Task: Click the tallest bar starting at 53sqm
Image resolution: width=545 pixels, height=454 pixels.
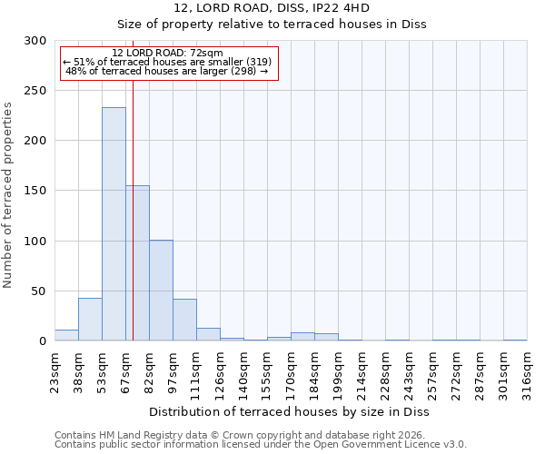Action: tap(114, 224)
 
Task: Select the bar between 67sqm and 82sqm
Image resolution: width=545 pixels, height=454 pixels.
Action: tap(138, 263)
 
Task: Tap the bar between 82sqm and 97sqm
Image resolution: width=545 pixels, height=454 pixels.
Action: tap(161, 291)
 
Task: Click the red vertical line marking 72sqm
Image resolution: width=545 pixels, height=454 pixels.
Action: tap(133, 209)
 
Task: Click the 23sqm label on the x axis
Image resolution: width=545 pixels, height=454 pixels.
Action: tap(54, 370)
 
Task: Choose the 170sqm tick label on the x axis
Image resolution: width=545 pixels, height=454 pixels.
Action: tap(291, 370)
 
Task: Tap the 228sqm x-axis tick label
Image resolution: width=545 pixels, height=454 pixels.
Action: tap(385, 370)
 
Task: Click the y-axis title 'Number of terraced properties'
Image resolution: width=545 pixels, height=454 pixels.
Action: tap(8, 195)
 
